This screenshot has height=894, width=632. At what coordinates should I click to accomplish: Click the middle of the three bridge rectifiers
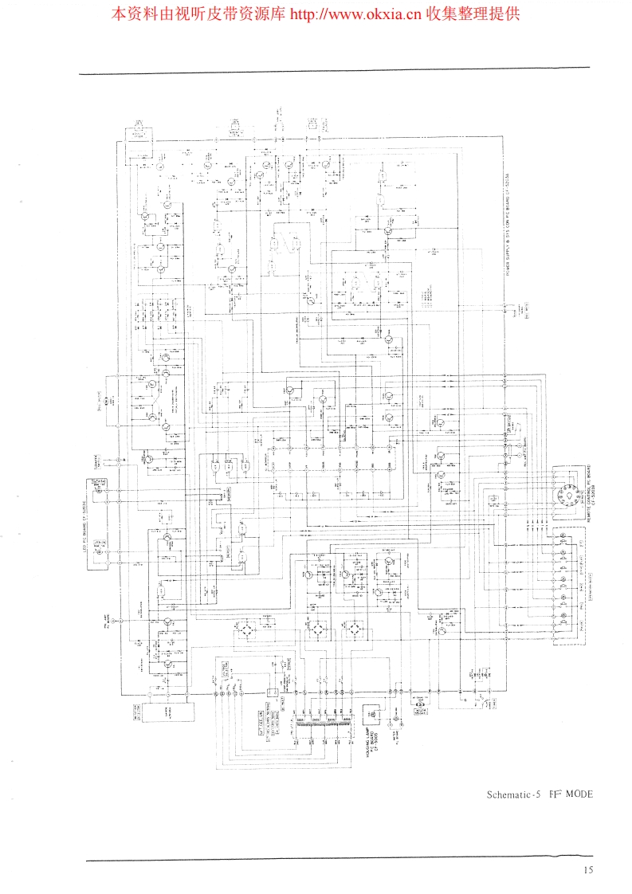pos(315,629)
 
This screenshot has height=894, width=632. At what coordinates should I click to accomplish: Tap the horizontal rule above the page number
pos(339,859)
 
